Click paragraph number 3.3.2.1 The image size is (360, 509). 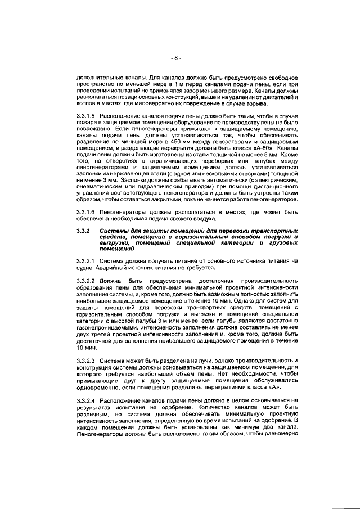click(x=86, y=261)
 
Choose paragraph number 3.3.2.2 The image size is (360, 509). click(x=86, y=280)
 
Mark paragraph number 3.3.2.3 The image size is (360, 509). click(x=86, y=359)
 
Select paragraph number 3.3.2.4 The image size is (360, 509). click(x=86, y=400)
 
